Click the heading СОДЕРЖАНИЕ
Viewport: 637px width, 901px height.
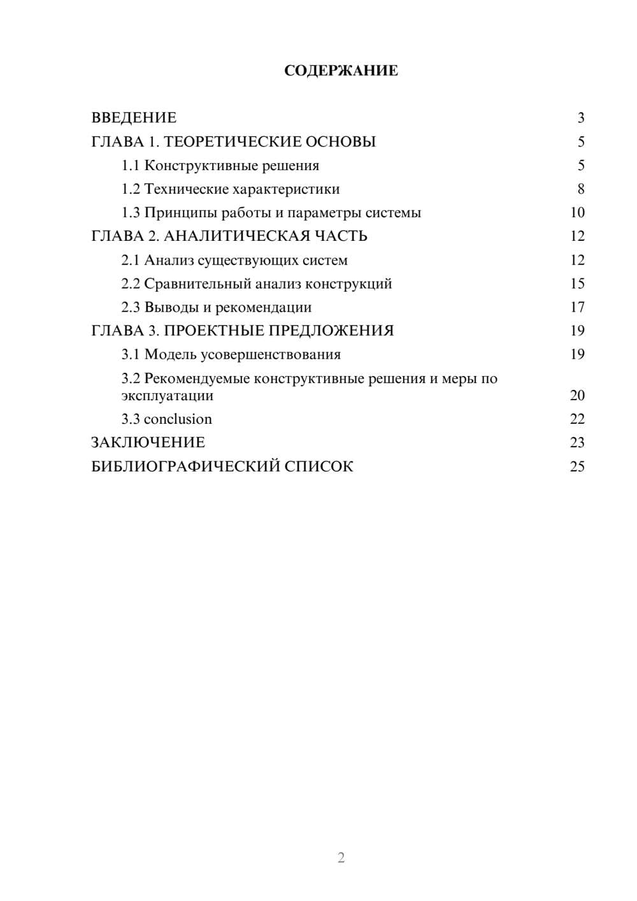point(341,71)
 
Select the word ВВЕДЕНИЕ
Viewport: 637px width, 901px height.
point(134,118)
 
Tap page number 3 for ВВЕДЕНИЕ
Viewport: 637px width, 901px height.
point(581,118)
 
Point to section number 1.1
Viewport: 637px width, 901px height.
point(130,166)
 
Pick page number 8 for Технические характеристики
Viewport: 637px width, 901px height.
point(581,189)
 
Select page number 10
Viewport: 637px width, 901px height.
point(577,213)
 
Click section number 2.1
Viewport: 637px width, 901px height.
point(130,260)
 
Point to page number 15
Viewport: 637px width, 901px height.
point(577,284)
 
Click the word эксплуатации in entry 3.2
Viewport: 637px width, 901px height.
point(167,396)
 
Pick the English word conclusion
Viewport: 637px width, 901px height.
point(178,419)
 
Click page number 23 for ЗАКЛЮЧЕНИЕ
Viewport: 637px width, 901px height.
point(577,443)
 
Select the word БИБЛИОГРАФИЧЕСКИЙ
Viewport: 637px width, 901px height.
point(185,466)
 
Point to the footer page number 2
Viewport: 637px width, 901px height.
point(341,858)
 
